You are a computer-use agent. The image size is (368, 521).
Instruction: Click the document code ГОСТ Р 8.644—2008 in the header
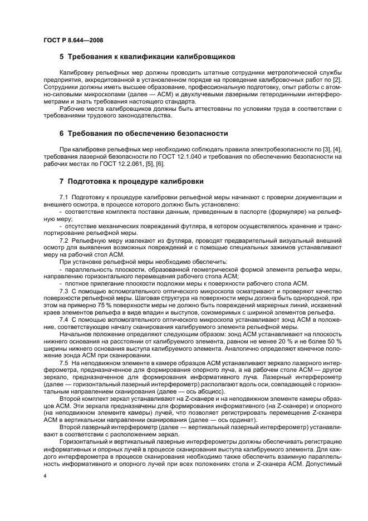tap(72, 40)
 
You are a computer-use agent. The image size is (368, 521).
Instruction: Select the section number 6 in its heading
tap(62, 134)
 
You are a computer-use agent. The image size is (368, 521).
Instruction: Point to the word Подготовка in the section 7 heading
tap(94, 181)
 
